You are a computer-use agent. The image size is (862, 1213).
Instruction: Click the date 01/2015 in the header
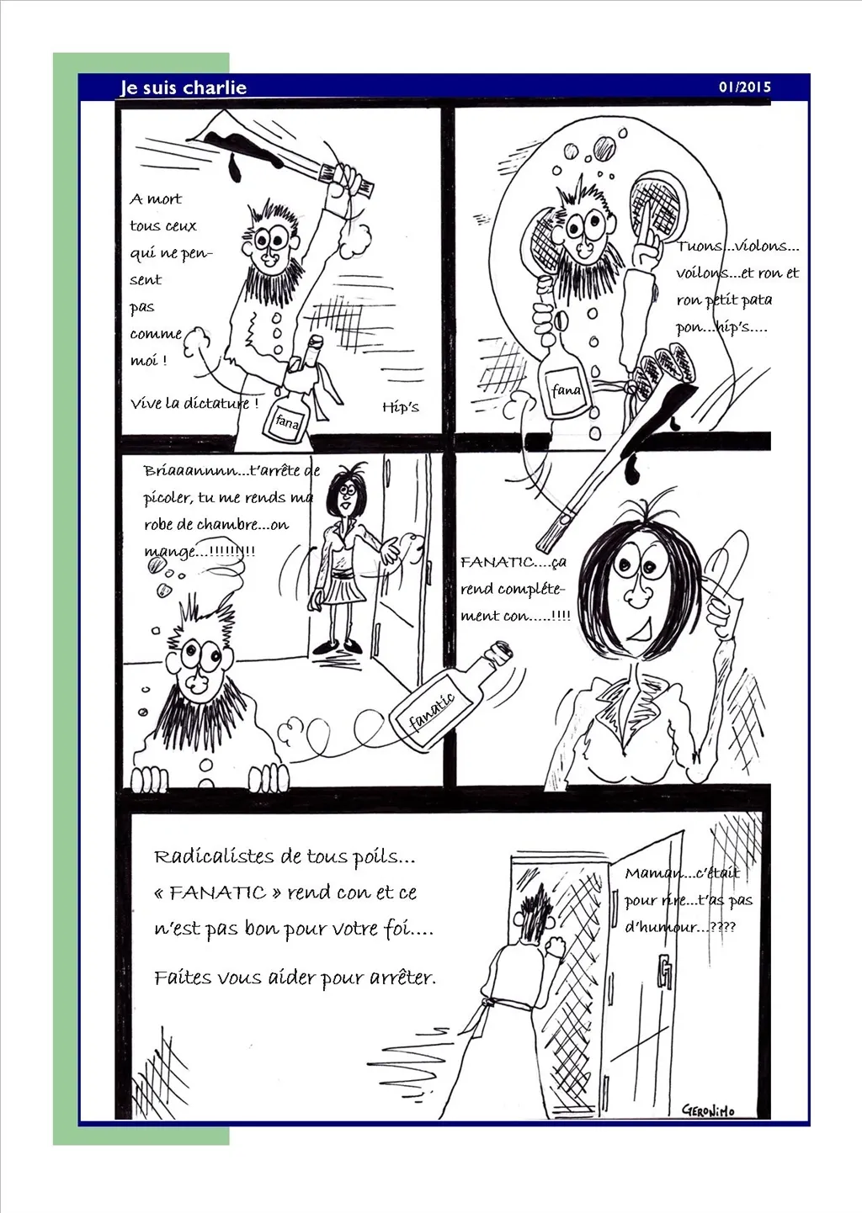744,87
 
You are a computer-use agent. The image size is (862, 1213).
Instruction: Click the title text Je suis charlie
184,87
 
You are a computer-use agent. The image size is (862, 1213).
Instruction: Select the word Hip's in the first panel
401,407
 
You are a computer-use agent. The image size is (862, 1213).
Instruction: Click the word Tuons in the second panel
699,246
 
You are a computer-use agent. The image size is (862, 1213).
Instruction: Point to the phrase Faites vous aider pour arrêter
295,978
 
